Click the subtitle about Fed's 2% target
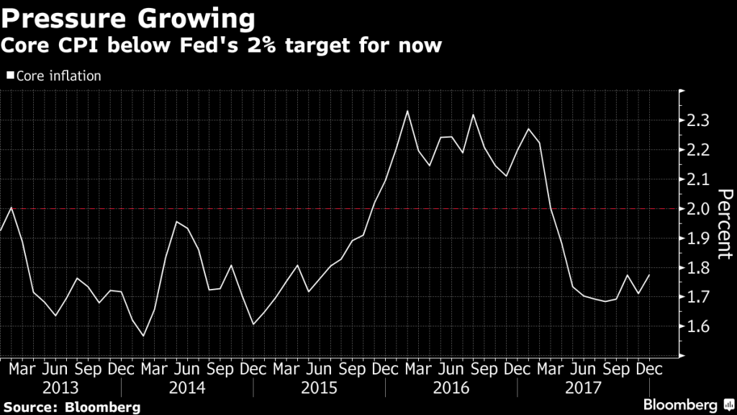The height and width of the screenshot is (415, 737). tap(220, 46)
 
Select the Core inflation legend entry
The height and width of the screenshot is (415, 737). tap(54, 75)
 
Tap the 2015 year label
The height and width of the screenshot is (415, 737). tap(319, 388)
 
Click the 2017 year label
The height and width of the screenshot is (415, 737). tap(583, 388)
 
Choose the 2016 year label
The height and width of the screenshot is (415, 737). tap(451, 388)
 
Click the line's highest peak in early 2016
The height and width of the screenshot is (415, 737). tap(407, 111)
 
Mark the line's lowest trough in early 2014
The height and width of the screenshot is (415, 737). tap(144, 336)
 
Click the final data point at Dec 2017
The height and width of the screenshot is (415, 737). tap(650, 275)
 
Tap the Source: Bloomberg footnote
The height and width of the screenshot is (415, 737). tap(71, 407)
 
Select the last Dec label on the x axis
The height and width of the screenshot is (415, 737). tap(649, 367)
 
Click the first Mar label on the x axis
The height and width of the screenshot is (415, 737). tap(22, 367)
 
